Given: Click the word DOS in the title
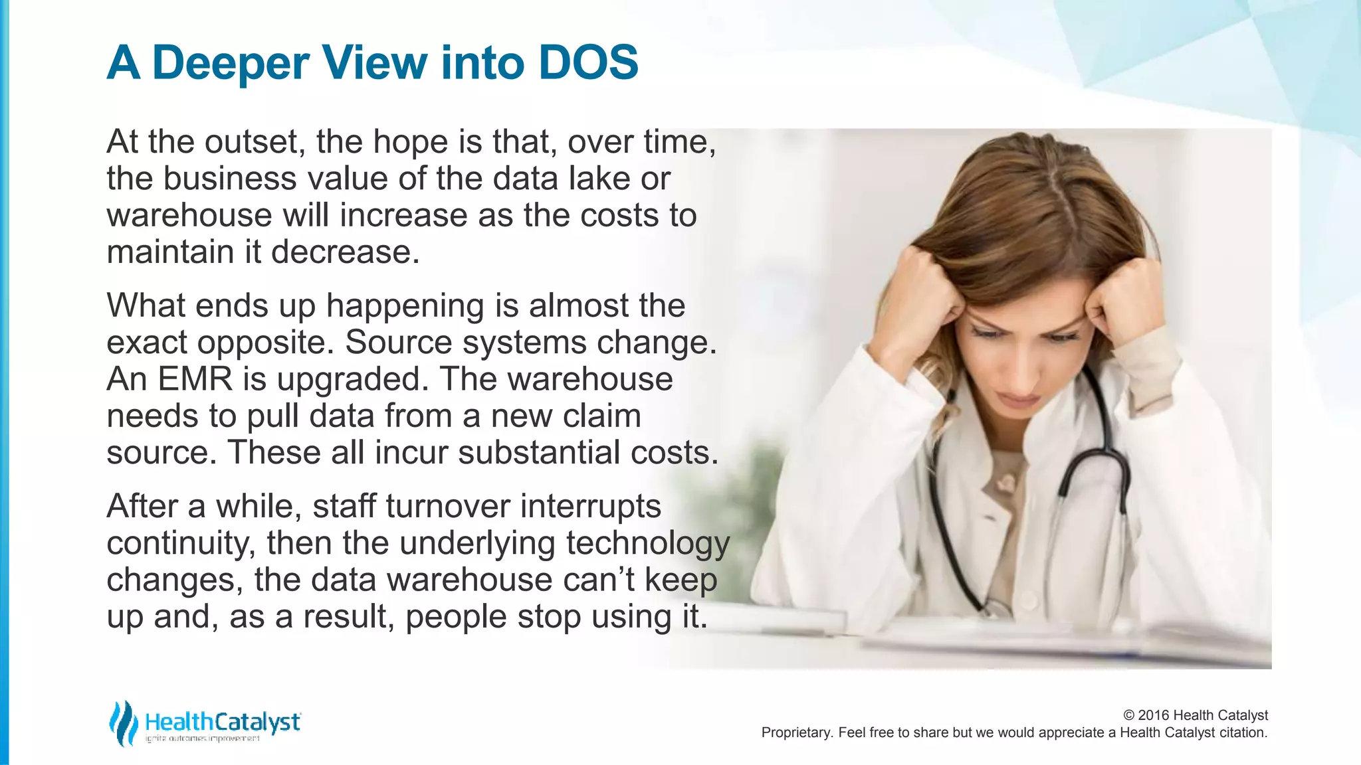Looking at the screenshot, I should pos(588,62).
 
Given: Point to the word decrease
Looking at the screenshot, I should pos(345,252).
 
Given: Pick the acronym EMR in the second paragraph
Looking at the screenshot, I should pos(195,379).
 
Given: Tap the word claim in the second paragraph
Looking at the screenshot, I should pos(602,416).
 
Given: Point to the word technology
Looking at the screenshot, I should pos(647,543).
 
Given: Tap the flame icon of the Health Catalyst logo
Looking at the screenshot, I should pos(123,722).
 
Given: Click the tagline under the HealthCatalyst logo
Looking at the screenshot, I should pos(202,739).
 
